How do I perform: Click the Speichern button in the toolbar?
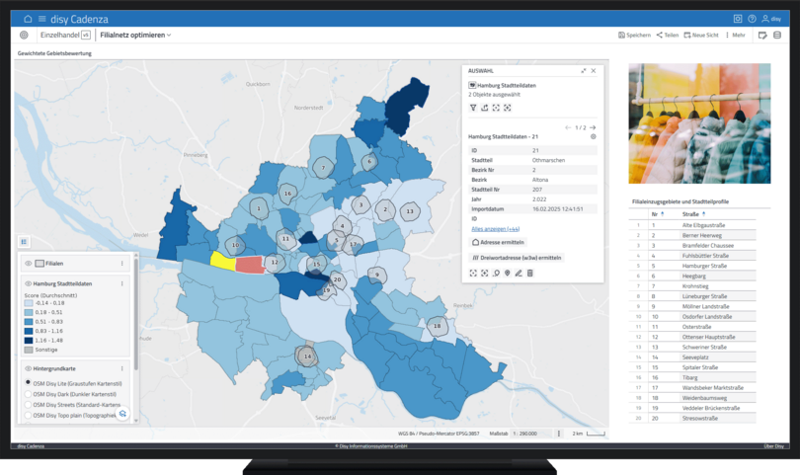pos(634,35)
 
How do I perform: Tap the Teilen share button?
pos(668,35)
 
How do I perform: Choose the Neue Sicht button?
pos(701,35)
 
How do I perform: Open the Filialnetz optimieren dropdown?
pos(135,35)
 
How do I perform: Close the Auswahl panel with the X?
pos(594,71)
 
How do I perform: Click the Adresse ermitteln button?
pos(499,242)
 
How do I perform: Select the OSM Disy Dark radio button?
pos(28,393)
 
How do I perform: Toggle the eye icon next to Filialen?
pos(28,264)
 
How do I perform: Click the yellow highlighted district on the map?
pos(222,260)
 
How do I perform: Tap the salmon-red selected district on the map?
pos(249,265)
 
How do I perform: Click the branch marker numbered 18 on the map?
pos(436,325)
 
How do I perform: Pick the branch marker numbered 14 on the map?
pos(308,356)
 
